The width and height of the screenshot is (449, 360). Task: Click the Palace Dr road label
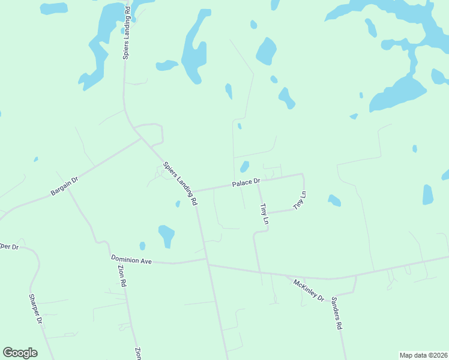(247, 181)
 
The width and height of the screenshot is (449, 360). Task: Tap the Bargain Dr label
(65, 185)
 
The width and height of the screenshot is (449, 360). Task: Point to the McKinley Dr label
(309, 290)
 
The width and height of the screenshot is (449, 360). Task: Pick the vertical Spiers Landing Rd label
(127, 33)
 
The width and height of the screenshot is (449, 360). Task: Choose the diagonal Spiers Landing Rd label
(179, 183)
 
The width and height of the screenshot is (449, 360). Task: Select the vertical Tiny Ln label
(263, 214)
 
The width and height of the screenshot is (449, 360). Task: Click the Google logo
(20, 353)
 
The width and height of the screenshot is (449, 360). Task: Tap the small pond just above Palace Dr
(244, 166)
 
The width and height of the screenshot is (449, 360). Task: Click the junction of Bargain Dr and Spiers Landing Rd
(141, 137)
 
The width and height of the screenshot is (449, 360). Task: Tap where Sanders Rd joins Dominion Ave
(356, 277)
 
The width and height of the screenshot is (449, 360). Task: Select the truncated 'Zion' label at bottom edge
(137, 354)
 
